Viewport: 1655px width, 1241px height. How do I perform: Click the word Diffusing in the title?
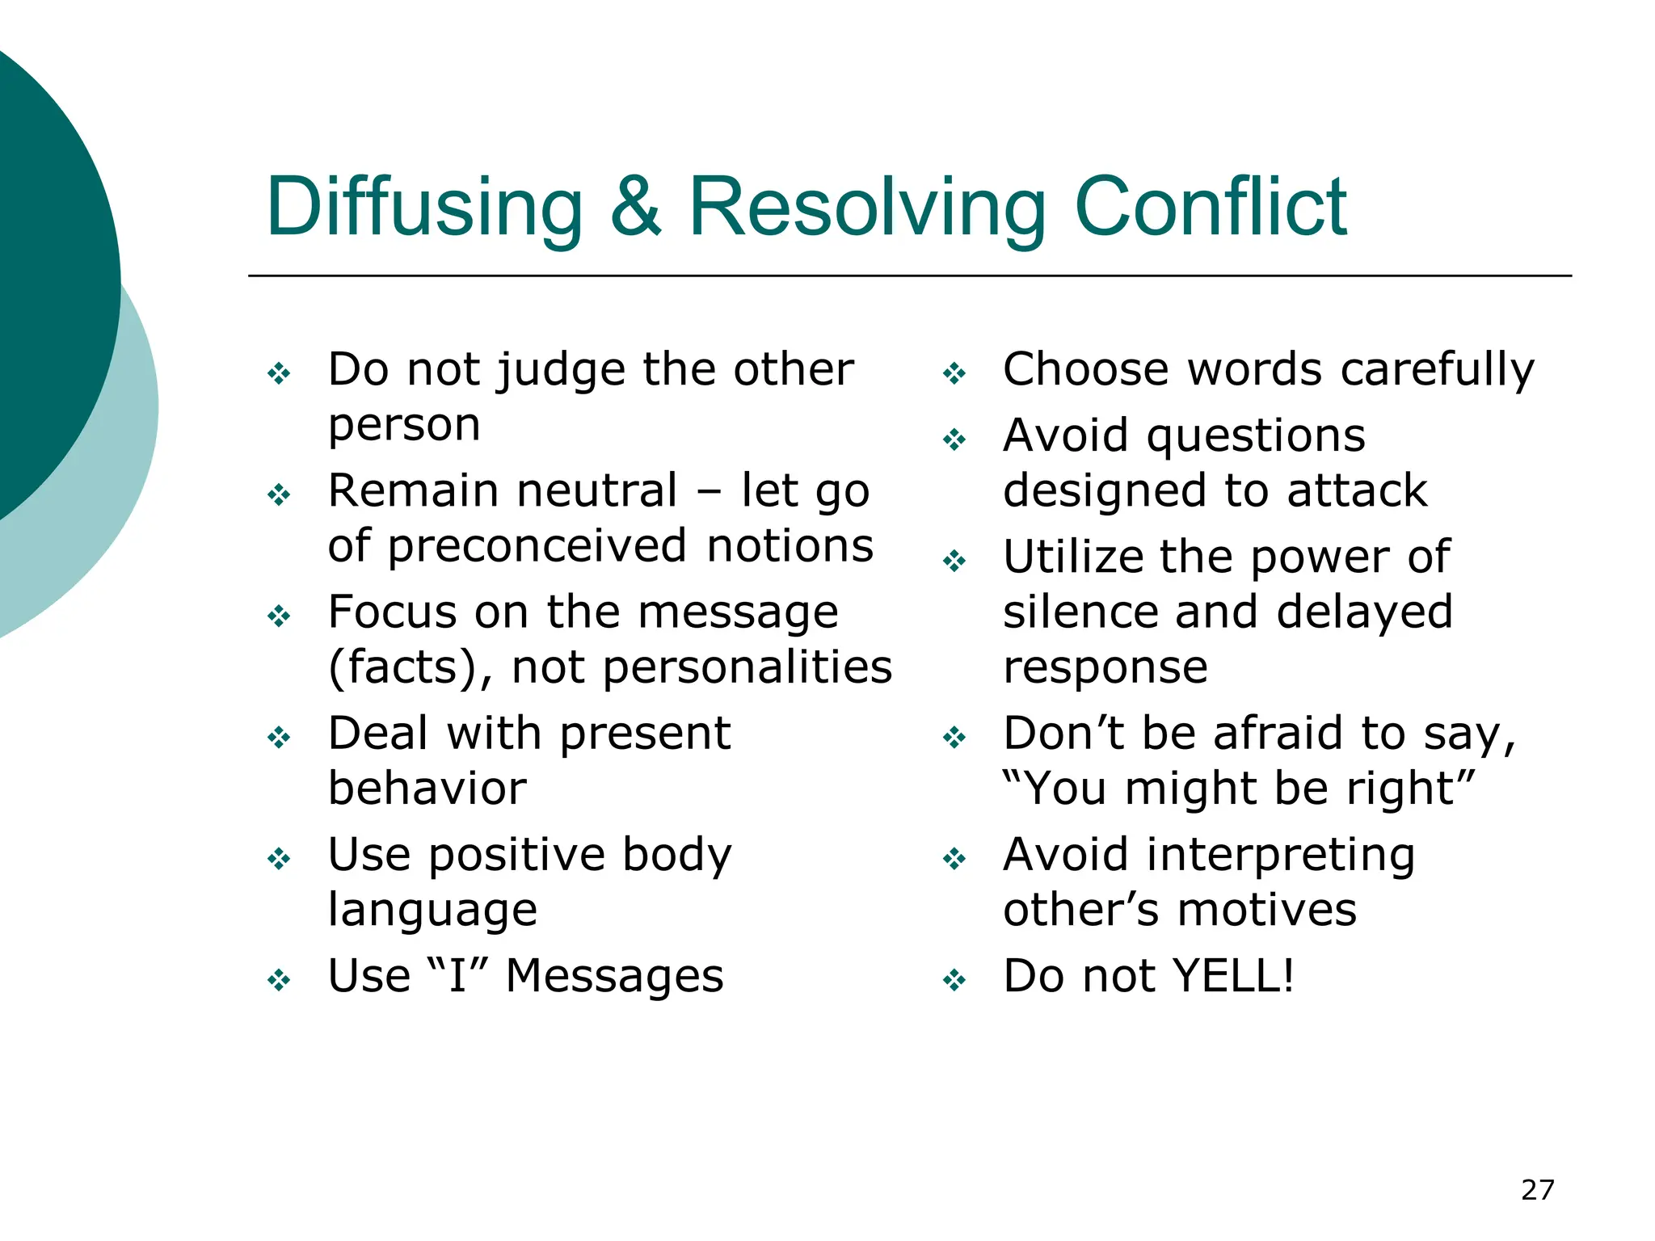click(x=424, y=208)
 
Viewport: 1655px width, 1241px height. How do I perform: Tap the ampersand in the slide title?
click(x=635, y=208)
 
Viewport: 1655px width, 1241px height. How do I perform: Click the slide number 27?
click(x=1537, y=1190)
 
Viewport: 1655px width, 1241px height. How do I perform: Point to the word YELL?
click(x=1233, y=976)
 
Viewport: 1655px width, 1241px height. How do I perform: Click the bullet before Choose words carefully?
click(x=954, y=373)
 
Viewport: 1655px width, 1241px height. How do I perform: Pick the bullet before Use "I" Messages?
click(x=279, y=980)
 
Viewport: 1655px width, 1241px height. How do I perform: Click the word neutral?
click(x=596, y=491)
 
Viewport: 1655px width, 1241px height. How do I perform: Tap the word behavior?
click(x=427, y=789)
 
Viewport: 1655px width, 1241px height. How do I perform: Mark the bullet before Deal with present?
click(x=279, y=737)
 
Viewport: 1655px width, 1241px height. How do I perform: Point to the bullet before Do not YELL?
click(x=954, y=980)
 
